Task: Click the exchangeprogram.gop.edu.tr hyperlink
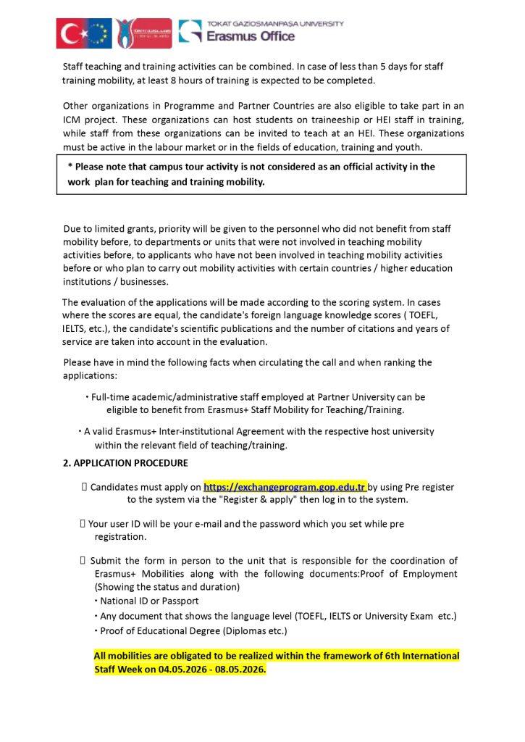pyautogui.click(x=285, y=487)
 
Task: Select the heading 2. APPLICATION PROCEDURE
pyautogui.click(x=125, y=463)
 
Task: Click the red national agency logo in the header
pyautogui.click(x=144, y=33)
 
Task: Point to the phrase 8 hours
pyautogui.click(x=198, y=80)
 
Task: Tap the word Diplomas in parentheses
pyautogui.click(x=243, y=630)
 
